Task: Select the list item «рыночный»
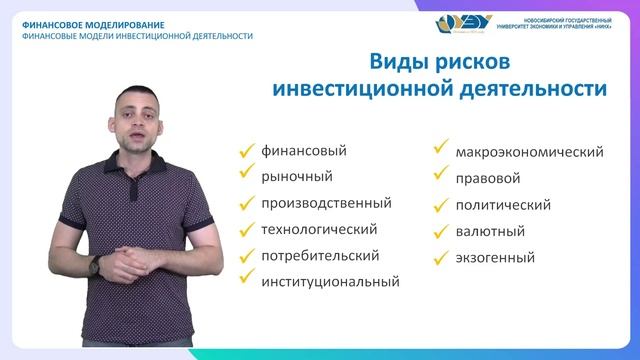[x=296, y=177]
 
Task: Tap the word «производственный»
[x=325, y=203]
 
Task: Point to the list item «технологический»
[x=325, y=229]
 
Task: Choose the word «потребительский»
[x=320, y=255]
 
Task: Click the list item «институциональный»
[x=330, y=281]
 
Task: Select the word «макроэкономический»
[x=529, y=153]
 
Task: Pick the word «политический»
[x=503, y=206]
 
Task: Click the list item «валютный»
[x=490, y=232]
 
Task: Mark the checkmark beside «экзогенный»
[x=440, y=256]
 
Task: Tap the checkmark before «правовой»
[x=440, y=177]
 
